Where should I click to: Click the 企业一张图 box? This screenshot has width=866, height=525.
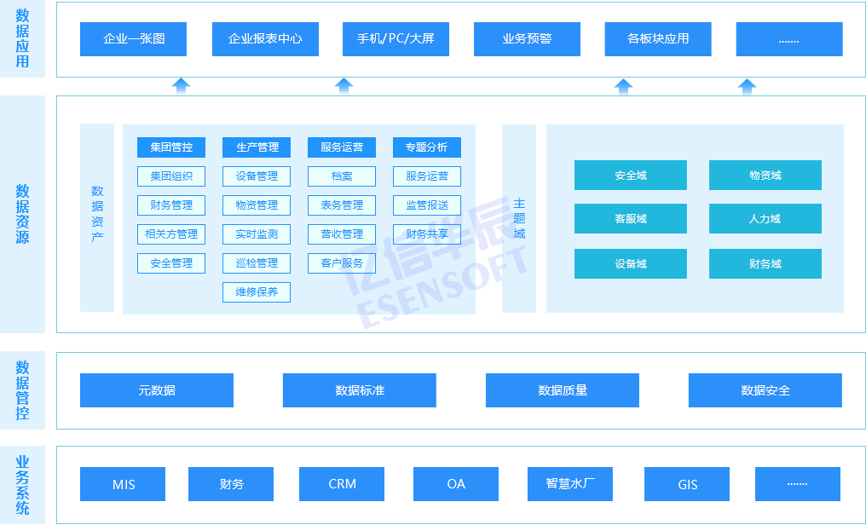(134, 39)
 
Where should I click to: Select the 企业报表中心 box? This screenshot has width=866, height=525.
(265, 39)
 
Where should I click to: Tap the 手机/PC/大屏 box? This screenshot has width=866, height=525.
(395, 39)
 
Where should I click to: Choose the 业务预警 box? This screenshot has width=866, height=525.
(527, 39)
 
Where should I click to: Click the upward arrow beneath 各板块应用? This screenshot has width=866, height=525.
(624, 86)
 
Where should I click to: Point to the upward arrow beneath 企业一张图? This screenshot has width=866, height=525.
(181, 86)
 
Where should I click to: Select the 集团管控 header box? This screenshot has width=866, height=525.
(171, 147)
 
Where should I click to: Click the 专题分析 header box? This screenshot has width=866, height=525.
(426, 147)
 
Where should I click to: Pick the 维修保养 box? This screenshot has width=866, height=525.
(257, 292)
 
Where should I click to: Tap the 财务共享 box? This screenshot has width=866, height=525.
(426, 234)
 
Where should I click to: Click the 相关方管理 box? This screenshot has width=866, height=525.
(171, 234)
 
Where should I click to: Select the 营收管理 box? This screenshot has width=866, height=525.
(342, 234)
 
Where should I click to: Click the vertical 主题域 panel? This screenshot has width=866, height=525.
(519, 219)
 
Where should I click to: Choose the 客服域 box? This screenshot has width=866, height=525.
(631, 219)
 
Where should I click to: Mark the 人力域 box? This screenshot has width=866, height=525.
(765, 219)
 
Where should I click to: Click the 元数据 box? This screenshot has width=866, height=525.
(157, 390)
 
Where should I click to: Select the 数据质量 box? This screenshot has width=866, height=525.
(562, 390)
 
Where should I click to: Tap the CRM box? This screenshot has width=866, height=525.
(342, 484)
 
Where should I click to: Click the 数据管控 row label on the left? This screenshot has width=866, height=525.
(22, 390)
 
